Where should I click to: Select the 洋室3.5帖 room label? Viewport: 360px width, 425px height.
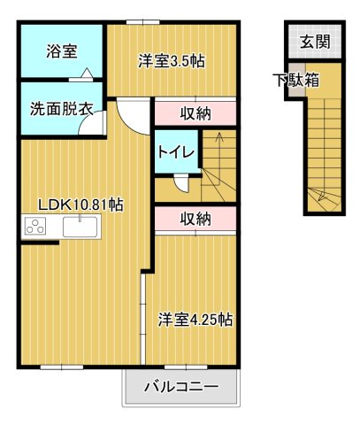click(172, 61)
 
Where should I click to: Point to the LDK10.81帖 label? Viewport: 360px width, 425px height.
click(80, 205)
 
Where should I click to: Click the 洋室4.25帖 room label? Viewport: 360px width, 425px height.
click(195, 320)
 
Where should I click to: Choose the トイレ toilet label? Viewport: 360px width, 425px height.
click(176, 151)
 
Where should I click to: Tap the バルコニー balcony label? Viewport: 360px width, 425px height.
click(180, 387)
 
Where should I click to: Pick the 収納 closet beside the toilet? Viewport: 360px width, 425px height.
click(195, 112)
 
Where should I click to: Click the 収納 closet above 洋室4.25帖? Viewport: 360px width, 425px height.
click(195, 219)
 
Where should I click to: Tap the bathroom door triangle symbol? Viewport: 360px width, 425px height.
click(85, 75)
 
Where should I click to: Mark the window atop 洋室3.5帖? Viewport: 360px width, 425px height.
click(137, 21)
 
